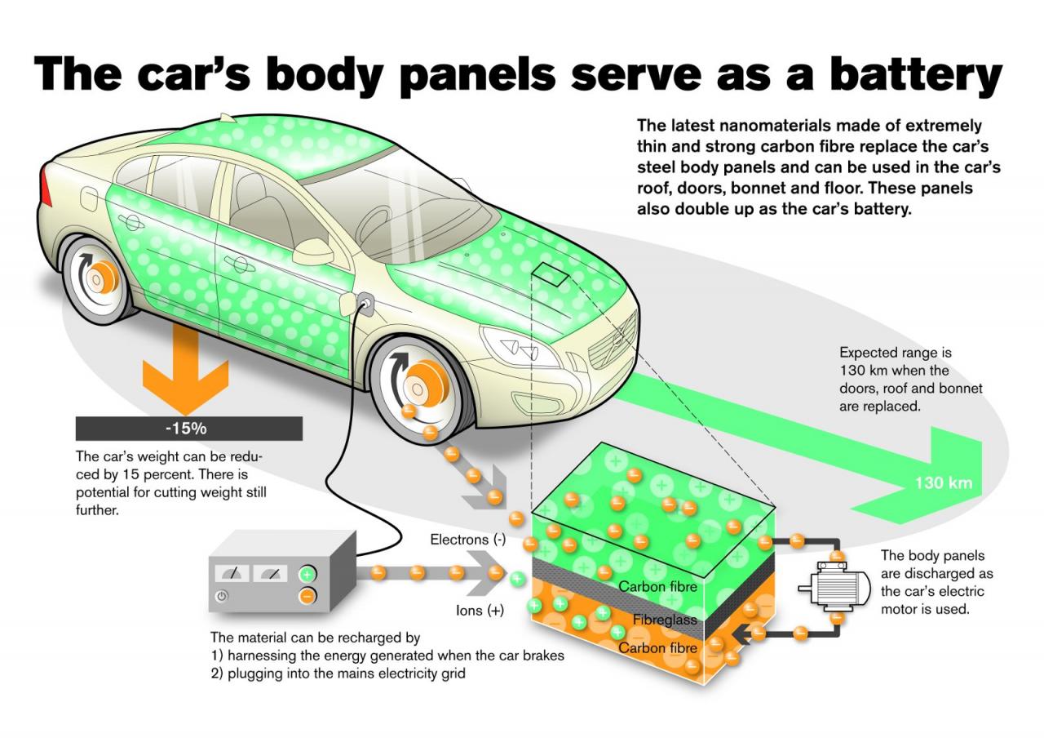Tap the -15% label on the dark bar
pos(188,429)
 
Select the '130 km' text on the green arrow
pos(943,482)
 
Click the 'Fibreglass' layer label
pos(665,620)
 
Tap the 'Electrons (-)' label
pos(468,540)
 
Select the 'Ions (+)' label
pos(480,610)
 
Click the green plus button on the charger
pos(307,573)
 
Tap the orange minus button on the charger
pos(307,596)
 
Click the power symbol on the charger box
pos(221,597)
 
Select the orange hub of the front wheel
pos(421,383)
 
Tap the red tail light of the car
pos(46,185)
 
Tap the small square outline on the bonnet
pos(551,275)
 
